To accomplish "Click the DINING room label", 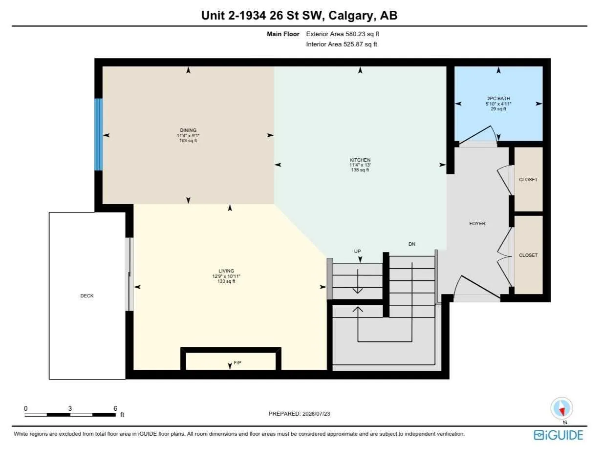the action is pos(188,130).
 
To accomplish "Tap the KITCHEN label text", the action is pos(360,160).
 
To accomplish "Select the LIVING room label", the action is pos(226,271).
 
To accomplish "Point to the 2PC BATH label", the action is pos(498,99).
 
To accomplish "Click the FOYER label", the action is pos(477,224).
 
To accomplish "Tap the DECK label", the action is pos(87,296).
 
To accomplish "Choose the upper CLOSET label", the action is pos(528,180).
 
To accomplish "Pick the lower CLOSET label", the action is pos(528,255).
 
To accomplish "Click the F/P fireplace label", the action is pos(237,363).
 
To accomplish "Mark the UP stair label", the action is pos(357,252).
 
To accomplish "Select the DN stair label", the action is pos(412,244).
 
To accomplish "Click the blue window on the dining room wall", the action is pos(99,134).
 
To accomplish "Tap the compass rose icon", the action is pos(561,408).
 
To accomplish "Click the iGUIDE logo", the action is pos(558,435).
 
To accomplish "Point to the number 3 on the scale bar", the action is pos(70,408).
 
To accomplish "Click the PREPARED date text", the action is pos(299,414).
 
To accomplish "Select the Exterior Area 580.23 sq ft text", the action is pos(343,34).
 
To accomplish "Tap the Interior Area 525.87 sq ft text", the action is pos(342,44).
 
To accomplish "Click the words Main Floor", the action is pos(283,34).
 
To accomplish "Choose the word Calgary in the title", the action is pos(351,16).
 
